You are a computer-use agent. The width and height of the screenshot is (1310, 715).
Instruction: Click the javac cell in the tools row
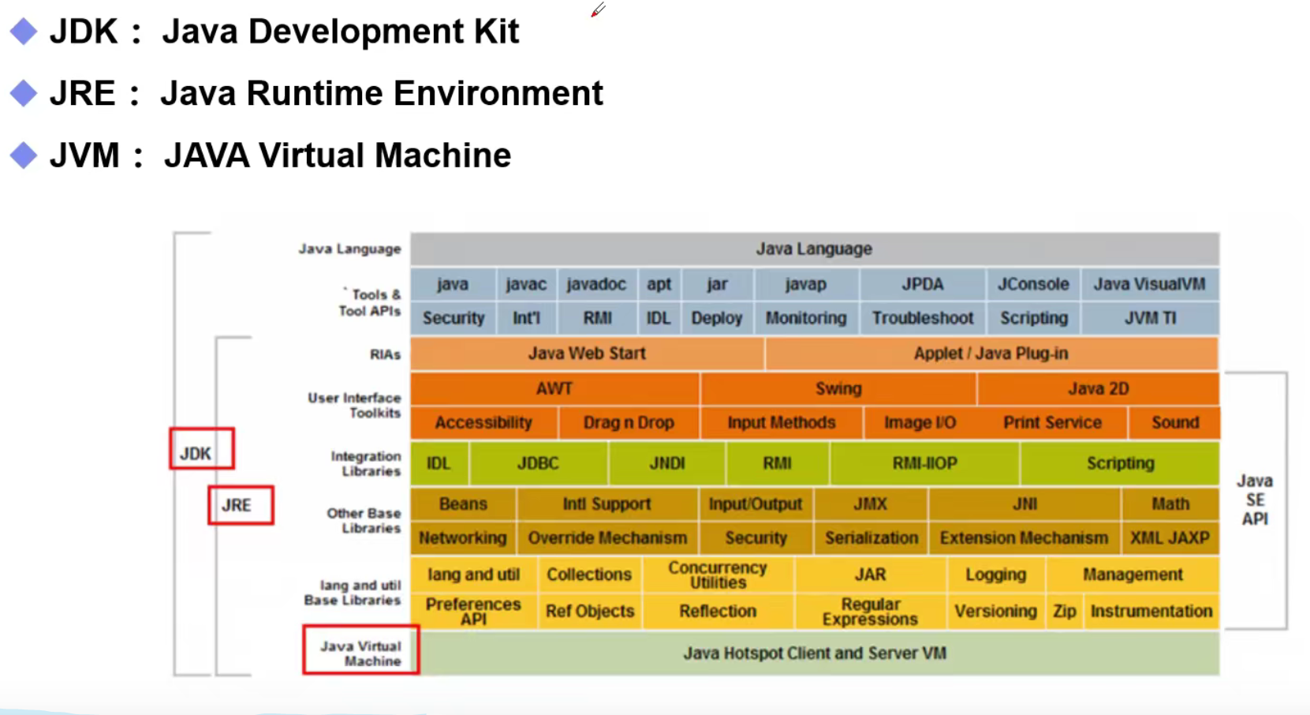[526, 284]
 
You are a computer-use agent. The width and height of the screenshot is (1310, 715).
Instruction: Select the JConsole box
[1032, 284]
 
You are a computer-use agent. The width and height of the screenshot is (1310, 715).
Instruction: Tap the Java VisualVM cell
[1149, 284]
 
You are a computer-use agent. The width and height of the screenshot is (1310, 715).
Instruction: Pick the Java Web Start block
[587, 354]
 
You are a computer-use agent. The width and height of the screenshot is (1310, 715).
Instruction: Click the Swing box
[838, 388]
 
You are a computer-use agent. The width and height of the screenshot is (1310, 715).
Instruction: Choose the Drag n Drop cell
[628, 423]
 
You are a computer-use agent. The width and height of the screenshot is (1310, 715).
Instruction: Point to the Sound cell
[1174, 423]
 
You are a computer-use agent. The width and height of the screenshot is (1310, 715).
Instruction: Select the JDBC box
[538, 463]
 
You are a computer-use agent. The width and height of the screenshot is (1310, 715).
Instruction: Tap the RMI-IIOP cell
[924, 463]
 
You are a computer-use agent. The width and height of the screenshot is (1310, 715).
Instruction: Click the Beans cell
[463, 503]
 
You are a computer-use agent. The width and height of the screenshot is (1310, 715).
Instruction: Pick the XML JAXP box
[1170, 538]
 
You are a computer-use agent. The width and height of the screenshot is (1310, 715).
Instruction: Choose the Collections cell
[589, 575]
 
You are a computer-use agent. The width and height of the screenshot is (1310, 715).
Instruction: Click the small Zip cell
[1064, 612]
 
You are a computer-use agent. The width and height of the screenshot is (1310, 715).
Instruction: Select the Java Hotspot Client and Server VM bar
[814, 653]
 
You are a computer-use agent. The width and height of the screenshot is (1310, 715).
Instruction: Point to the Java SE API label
[1254, 500]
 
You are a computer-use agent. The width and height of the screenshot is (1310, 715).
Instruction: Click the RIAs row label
[385, 354]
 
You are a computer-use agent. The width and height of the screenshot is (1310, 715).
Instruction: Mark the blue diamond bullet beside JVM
[24, 155]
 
